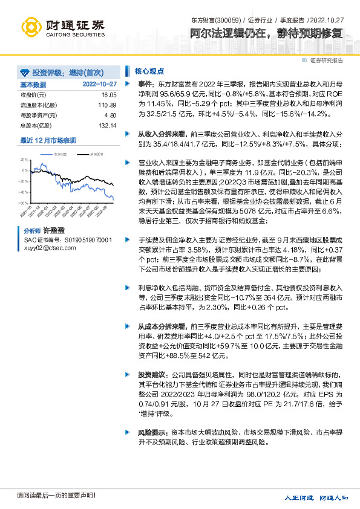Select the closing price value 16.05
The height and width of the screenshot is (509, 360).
click(x=108, y=95)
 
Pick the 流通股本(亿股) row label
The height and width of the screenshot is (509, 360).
click(x=38, y=105)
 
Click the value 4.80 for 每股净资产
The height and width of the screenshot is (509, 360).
click(x=110, y=115)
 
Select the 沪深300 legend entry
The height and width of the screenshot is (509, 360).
click(x=95, y=155)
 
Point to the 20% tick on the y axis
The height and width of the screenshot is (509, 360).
click(x=24, y=160)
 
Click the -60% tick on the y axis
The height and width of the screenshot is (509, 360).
click(x=23, y=203)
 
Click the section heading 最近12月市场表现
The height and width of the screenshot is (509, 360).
click(x=48, y=140)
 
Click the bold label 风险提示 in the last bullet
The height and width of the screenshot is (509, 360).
click(x=152, y=433)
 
